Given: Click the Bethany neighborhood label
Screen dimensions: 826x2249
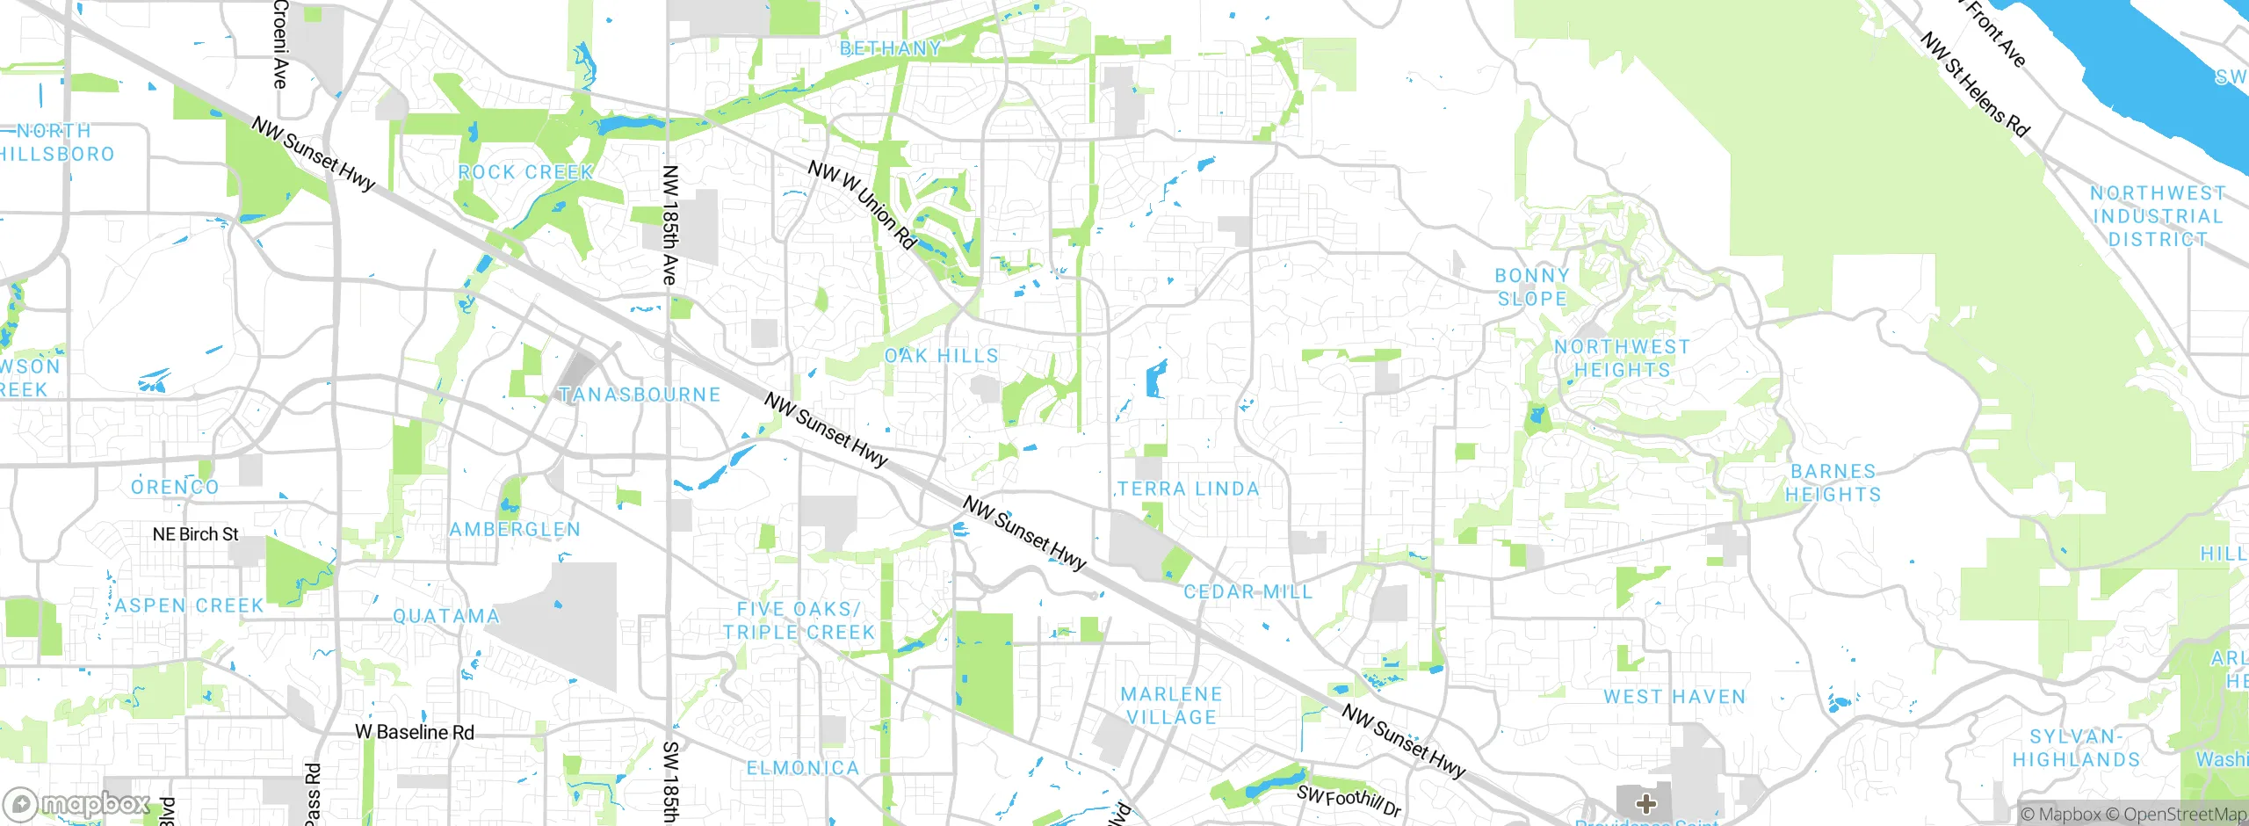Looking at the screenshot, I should tap(890, 49).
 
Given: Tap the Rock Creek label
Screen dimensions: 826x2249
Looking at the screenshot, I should tap(525, 172).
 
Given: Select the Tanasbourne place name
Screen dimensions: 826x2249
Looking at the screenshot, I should tap(640, 395).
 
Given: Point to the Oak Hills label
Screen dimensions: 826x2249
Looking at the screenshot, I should tap(942, 356).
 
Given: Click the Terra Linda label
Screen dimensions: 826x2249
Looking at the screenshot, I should tap(1188, 489).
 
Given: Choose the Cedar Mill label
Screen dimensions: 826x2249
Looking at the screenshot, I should tap(1247, 592).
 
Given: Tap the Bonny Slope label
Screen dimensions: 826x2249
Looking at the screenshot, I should tap(1532, 287).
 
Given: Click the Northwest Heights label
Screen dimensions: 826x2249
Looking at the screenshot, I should tap(1622, 359).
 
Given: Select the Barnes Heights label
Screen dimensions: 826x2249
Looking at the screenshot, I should tap(1833, 483).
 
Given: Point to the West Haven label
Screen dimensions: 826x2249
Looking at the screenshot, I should tap(1674, 697).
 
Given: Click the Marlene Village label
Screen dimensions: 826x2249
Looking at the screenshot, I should tap(1171, 706).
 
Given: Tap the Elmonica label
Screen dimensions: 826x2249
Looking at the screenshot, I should tap(802, 768).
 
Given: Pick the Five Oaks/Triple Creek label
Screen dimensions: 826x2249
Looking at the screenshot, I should tap(799, 620).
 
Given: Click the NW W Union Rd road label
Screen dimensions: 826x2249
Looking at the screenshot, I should tap(863, 205).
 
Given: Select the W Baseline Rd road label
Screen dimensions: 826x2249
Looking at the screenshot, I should tap(415, 732).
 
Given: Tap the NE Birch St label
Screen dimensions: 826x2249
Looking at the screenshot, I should tap(195, 534).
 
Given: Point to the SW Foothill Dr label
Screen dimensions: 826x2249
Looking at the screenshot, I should tap(1349, 801).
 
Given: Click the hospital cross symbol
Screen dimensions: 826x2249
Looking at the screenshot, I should tap(1646, 803).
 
